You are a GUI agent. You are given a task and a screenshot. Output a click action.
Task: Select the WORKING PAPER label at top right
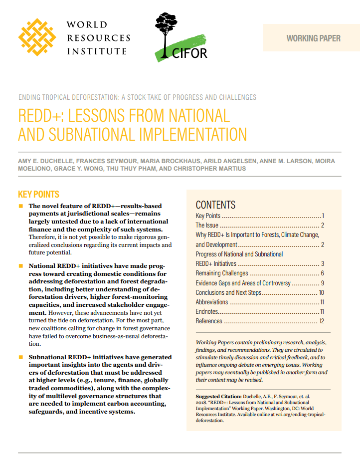(313, 38)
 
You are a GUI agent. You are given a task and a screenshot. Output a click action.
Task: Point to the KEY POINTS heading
(38, 195)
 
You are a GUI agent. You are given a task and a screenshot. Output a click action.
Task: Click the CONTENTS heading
(215, 205)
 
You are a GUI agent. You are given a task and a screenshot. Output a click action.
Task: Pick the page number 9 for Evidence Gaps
(323, 283)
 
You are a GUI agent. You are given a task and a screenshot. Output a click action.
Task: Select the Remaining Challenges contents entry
(222, 273)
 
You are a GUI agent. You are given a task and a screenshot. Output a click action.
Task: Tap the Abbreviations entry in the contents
(212, 302)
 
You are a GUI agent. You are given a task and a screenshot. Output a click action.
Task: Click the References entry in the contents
(209, 321)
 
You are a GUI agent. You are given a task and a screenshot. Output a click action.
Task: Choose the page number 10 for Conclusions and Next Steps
(322, 292)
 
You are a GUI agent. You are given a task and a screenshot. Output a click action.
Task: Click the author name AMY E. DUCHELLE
(45, 161)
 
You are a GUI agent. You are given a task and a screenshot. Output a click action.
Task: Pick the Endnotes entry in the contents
(207, 311)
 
